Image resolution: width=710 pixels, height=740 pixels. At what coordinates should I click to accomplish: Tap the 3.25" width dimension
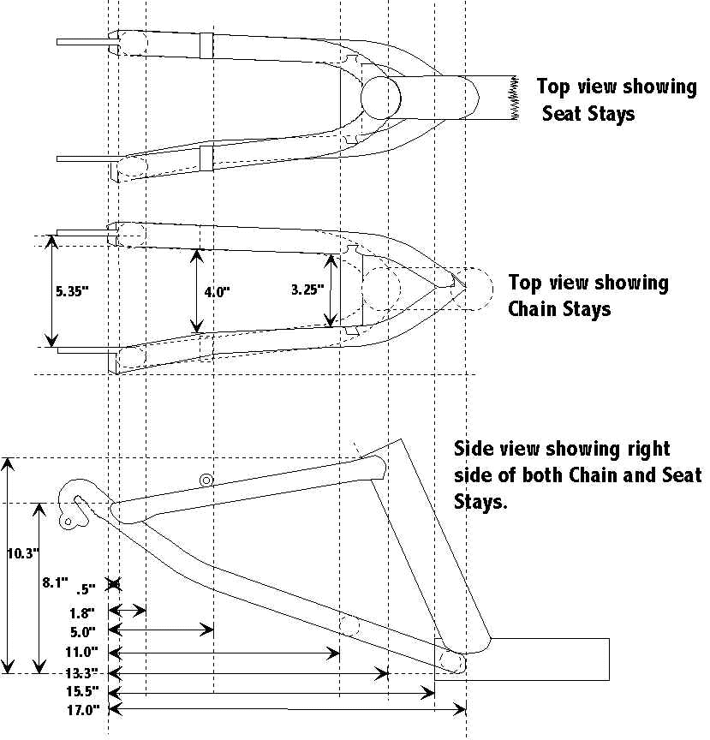[307, 290]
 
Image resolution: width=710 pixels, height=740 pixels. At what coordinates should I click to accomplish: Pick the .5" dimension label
[86, 589]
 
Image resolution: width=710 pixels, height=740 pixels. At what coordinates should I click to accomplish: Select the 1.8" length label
[87, 613]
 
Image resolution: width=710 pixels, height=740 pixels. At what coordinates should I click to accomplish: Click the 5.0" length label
[87, 633]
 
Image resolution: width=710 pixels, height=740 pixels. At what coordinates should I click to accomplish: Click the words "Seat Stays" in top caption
[588, 113]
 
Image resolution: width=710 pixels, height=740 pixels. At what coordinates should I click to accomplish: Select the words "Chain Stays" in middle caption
[560, 309]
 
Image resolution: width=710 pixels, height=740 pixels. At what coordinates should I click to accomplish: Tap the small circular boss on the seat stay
[206, 480]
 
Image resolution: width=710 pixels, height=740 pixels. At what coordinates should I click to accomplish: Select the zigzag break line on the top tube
[516, 97]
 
